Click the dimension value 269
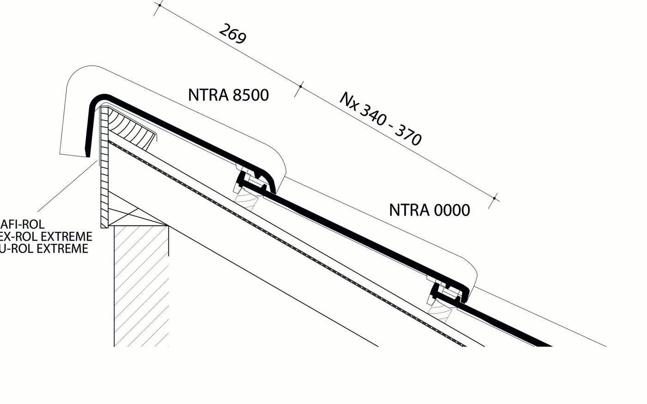pyautogui.click(x=232, y=34)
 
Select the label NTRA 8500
pyautogui.click(x=228, y=95)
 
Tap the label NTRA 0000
pyautogui.click(x=429, y=210)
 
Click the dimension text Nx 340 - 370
pyautogui.click(x=381, y=119)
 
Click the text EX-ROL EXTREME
pyautogui.click(x=46, y=237)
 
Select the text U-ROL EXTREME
pyautogui.click(x=44, y=249)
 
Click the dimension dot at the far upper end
pyautogui.click(x=159, y=6)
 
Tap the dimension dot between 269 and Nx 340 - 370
pyautogui.click(x=300, y=86)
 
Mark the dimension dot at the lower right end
pyautogui.click(x=494, y=199)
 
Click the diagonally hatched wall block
pyautogui.click(x=141, y=286)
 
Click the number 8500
pyautogui.click(x=250, y=95)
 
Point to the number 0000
pyautogui.click(x=452, y=210)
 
